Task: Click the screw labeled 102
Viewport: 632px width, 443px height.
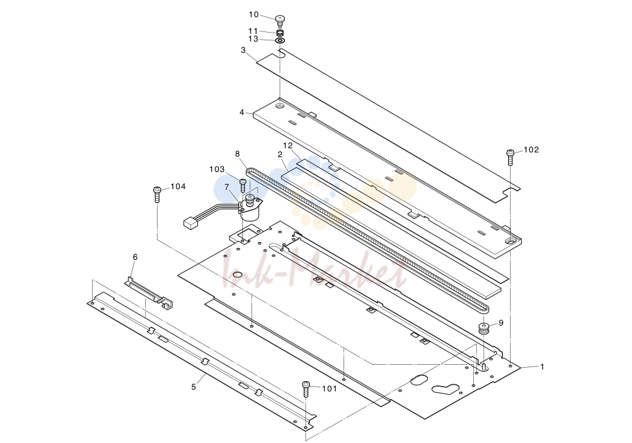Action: tap(510, 157)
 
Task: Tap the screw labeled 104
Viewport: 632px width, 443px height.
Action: tap(157, 195)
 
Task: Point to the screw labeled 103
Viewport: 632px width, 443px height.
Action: tap(243, 186)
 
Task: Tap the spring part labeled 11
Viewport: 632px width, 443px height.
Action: tap(280, 32)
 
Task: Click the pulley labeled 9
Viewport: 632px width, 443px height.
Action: tap(483, 327)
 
